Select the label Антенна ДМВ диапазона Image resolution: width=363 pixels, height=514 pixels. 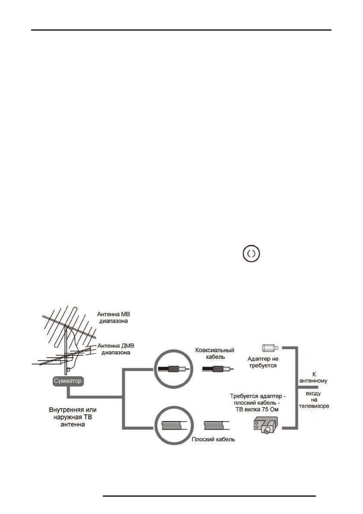115,349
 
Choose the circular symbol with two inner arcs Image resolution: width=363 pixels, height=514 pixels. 252,254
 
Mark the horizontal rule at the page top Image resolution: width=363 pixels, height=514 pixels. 182,30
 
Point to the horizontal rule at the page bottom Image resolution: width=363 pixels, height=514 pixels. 210,496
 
